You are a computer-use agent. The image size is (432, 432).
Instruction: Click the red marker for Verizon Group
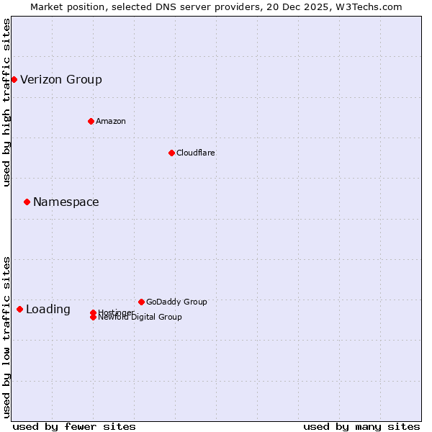point(14,79)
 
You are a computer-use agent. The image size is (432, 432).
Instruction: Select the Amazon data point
point(91,121)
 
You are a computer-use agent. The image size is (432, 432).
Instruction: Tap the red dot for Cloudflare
point(171,153)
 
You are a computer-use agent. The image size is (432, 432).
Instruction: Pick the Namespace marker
point(27,202)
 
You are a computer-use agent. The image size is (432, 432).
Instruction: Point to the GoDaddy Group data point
point(141,302)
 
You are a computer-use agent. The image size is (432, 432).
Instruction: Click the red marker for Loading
point(19,309)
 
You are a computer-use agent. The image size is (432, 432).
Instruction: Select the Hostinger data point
point(93,312)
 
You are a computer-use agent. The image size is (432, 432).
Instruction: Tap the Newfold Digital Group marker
point(93,318)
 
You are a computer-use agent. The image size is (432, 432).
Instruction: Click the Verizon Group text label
point(61,79)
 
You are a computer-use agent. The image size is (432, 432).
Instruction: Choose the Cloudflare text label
point(196,153)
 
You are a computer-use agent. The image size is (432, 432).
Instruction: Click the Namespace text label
point(66,202)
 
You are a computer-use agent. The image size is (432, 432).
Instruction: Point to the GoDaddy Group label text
point(176,302)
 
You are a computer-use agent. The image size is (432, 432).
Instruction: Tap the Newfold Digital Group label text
point(140,318)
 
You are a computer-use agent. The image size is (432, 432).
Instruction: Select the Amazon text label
point(111,121)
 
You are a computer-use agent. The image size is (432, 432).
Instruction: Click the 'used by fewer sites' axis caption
point(74,426)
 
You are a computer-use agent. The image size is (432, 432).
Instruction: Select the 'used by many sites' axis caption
point(361,426)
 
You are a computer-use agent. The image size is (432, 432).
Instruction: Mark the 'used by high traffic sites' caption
point(6,102)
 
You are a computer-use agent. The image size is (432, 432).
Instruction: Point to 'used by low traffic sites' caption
point(6,337)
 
